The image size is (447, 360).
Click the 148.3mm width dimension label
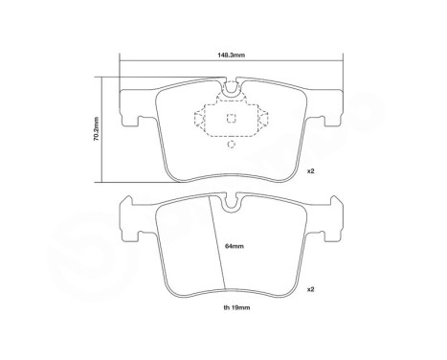231,55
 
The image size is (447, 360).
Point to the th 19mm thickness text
231,309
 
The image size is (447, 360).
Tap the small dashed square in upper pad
230,120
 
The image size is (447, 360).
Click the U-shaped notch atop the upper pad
230,94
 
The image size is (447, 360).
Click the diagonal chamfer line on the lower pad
217,244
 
